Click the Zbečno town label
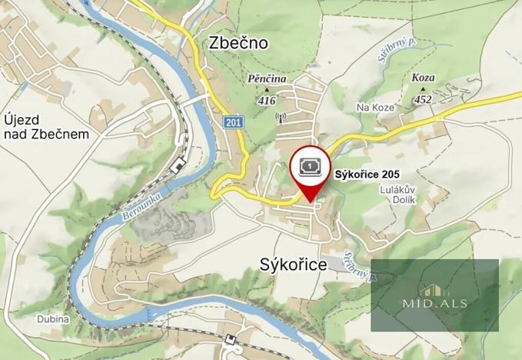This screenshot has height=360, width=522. pyautogui.click(x=238, y=43)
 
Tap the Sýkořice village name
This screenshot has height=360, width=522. pyautogui.click(x=288, y=265)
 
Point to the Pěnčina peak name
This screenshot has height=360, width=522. pyautogui.click(x=267, y=79)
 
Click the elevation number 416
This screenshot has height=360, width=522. pyautogui.click(x=267, y=101)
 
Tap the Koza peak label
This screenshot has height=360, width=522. pyautogui.click(x=423, y=78)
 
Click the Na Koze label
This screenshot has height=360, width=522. pyautogui.click(x=375, y=107)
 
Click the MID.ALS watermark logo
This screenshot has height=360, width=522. pyautogui.click(x=434, y=295)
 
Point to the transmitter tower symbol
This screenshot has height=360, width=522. pyautogui.click(x=280, y=118)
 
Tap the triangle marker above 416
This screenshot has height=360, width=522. pyautogui.click(x=267, y=91)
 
